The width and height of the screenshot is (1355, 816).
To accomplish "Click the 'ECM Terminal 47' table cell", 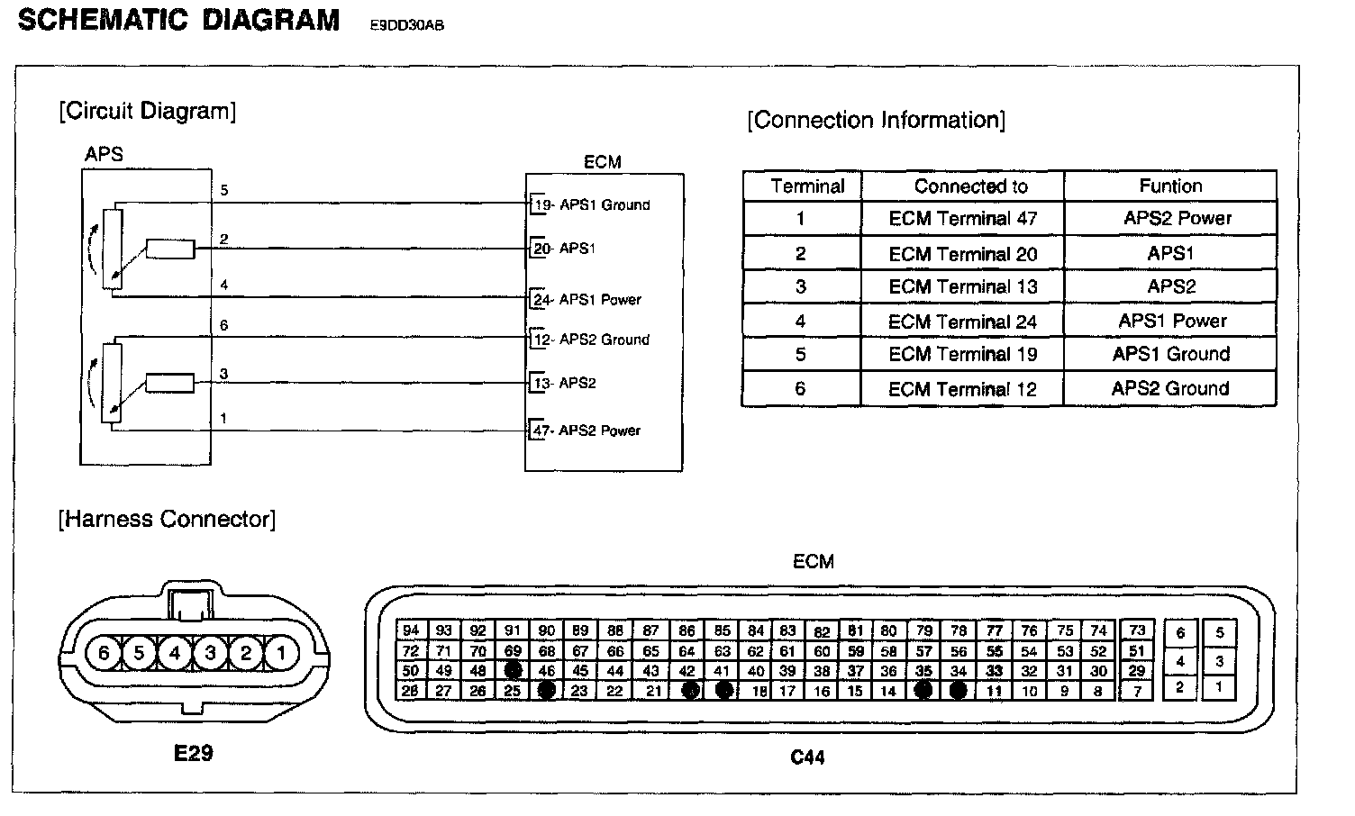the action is (962, 219).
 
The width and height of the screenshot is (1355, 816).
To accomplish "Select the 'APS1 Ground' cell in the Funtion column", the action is (1170, 354).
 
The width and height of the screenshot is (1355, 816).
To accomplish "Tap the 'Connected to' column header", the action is (970, 186).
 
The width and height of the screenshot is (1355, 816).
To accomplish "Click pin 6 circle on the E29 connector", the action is (104, 652).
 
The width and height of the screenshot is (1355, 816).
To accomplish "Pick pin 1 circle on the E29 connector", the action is (281, 652).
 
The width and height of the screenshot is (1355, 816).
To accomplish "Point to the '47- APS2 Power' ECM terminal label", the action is (587, 431).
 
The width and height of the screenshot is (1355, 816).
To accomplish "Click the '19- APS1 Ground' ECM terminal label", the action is (591, 205).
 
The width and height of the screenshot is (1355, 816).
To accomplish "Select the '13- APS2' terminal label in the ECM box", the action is (564, 384).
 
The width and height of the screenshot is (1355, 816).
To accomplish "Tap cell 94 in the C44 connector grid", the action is (411, 630).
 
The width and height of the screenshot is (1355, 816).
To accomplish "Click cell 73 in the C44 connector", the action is (1137, 630).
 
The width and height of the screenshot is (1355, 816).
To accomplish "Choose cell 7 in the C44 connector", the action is (1137, 692).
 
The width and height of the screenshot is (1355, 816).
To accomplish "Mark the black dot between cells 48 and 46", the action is (513, 671).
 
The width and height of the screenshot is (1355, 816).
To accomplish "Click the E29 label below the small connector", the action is (193, 752).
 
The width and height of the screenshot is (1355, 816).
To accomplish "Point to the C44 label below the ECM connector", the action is (807, 757).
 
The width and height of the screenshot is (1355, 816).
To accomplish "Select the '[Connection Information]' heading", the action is (876, 121).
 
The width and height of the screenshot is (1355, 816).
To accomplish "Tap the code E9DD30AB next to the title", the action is (407, 25).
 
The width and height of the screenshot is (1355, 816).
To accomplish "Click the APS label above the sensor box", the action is (104, 154).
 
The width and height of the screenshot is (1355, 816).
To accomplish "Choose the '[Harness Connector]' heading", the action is (167, 520).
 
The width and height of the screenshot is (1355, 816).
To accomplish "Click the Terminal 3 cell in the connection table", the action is (800, 287).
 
